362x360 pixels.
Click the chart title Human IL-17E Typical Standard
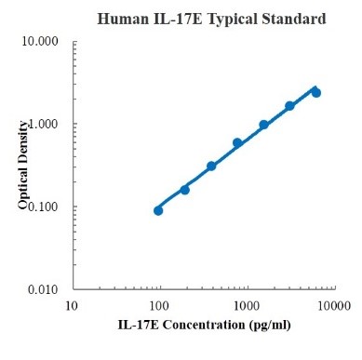tap(211, 18)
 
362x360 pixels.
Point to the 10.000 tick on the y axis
tap(44, 42)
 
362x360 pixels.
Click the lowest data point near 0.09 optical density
tap(158, 210)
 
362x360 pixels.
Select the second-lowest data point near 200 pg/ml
tap(184, 190)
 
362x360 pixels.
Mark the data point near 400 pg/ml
tap(211, 166)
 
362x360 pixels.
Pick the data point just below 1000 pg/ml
tap(237, 142)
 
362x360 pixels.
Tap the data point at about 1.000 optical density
tap(263, 125)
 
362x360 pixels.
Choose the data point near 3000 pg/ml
tap(289, 106)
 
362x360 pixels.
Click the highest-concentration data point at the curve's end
tap(316, 92)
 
